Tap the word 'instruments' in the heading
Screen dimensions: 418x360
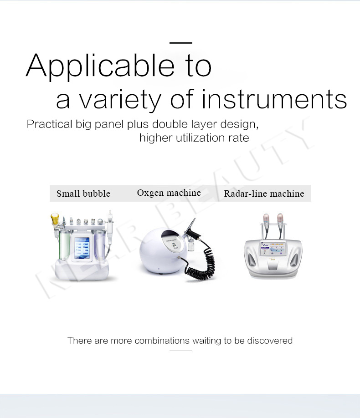273,99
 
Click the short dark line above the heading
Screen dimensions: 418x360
180,42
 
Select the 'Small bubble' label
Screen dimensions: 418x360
83,194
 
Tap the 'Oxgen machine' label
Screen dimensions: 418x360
169,193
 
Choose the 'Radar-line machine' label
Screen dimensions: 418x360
264,194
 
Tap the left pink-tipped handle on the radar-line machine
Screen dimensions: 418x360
266,222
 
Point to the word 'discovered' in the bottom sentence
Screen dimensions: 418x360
270,341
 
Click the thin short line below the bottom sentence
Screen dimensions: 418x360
180,351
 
